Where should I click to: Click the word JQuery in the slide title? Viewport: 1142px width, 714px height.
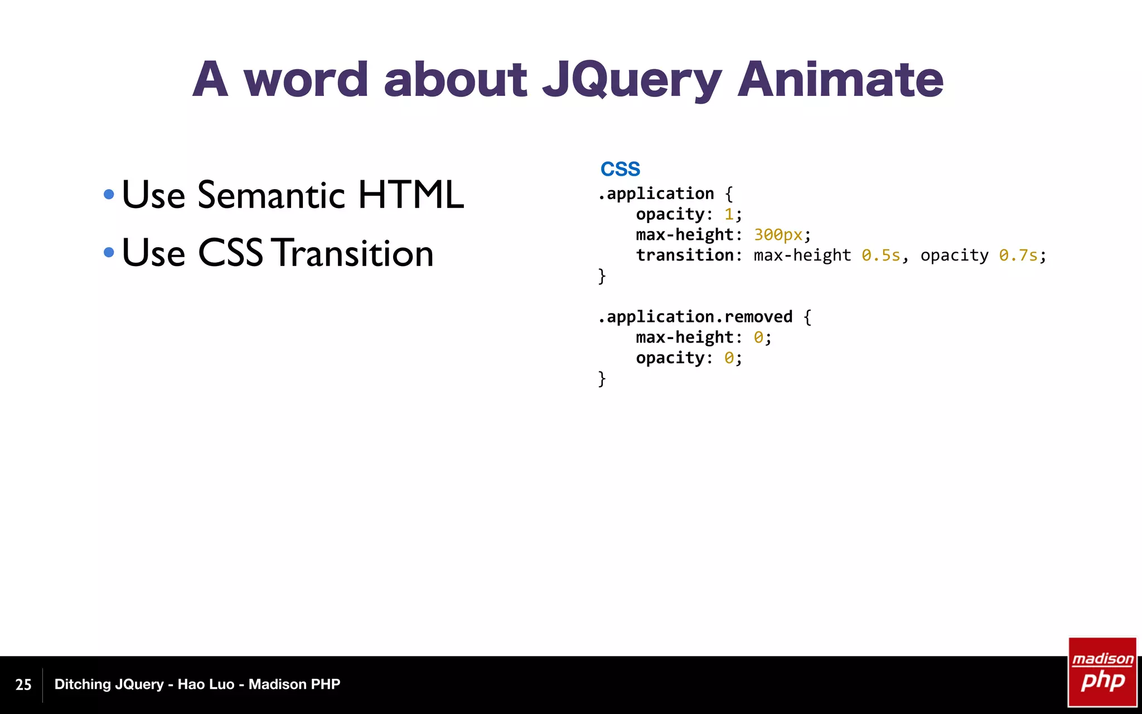point(632,80)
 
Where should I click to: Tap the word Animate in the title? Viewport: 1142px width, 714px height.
point(840,80)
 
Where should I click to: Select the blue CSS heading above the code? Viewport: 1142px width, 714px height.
point(620,169)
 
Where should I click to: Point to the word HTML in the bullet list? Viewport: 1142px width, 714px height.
point(410,195)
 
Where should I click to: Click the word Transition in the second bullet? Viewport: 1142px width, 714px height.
point(355,253)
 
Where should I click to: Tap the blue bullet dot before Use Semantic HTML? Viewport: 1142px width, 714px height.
point(109,195)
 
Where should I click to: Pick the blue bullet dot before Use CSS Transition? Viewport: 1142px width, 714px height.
point(109,253)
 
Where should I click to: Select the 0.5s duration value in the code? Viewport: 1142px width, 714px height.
point(880,255)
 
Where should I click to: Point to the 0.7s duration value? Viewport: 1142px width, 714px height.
point(1018,255)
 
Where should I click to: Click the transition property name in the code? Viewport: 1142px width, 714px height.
point(685,255)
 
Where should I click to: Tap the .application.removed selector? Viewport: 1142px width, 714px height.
point(695,317)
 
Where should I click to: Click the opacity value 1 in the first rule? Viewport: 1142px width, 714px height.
point(729,214)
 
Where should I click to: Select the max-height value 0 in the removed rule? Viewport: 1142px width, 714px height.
point(758,337)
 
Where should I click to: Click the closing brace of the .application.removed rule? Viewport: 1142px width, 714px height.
point(602,379)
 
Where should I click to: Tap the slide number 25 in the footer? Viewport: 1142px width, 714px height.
point(23,684)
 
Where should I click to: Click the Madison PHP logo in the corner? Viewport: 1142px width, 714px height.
point(1102,672)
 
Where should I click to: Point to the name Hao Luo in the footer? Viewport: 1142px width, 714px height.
point(206,684)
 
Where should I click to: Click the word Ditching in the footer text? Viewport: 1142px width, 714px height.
point(81,684)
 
